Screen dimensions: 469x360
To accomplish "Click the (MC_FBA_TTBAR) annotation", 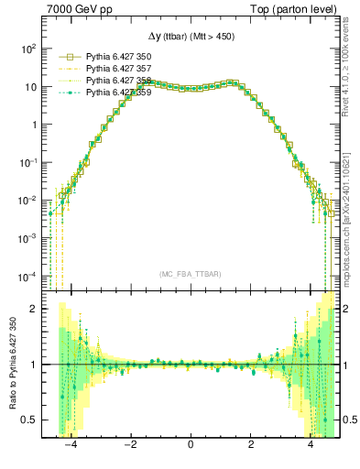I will (x=191, y=274).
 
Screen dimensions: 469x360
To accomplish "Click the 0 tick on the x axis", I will (x=191, y=447).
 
